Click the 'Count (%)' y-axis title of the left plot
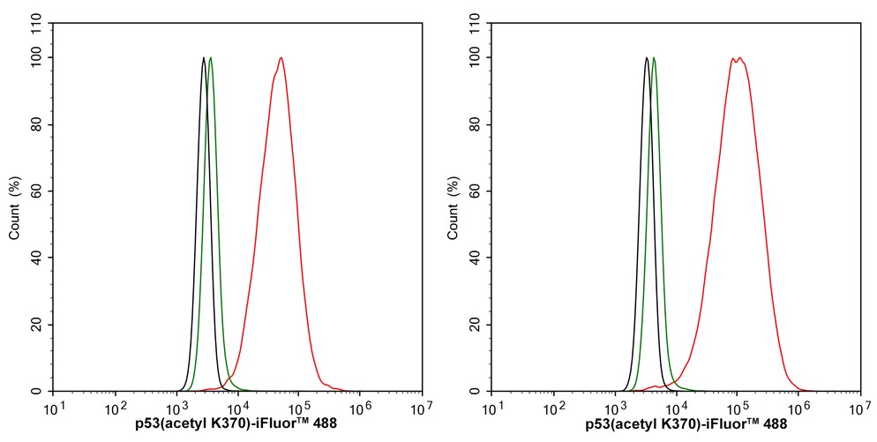(14, 208)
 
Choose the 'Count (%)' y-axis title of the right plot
(453, 208)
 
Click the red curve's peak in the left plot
(281, 58)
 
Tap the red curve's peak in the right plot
(738, 58)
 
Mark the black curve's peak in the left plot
(204, 58)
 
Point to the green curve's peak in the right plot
(654, 58)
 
